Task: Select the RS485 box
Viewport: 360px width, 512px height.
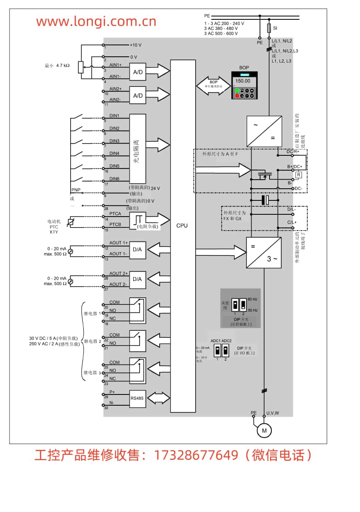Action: (x=137, y=398)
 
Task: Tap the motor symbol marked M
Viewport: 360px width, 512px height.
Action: (x=264, y=431)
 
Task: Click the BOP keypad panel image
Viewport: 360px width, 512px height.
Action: (x=244, y=86)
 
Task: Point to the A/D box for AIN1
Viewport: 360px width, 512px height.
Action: (x=138, y=72)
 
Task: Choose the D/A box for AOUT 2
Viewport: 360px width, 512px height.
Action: (x=138, y=279)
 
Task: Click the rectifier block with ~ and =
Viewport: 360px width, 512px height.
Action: (x=264, y=131)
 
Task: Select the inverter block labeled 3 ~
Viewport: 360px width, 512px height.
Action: (x=264, y=253)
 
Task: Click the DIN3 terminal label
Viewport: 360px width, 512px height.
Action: (x=114, y=141)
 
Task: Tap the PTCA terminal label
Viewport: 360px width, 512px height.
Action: (x=115, y=214)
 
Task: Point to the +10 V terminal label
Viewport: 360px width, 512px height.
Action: (x=135, y=45)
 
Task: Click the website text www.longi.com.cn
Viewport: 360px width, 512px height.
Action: (x=96, y=21)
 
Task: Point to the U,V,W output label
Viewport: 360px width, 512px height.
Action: (x=273, y=413)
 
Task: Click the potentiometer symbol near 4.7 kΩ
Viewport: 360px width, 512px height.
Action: (x=81, y=67)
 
